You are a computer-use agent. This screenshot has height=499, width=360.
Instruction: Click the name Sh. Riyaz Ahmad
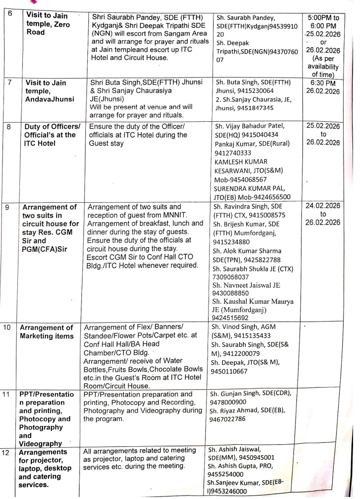point(236,411)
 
